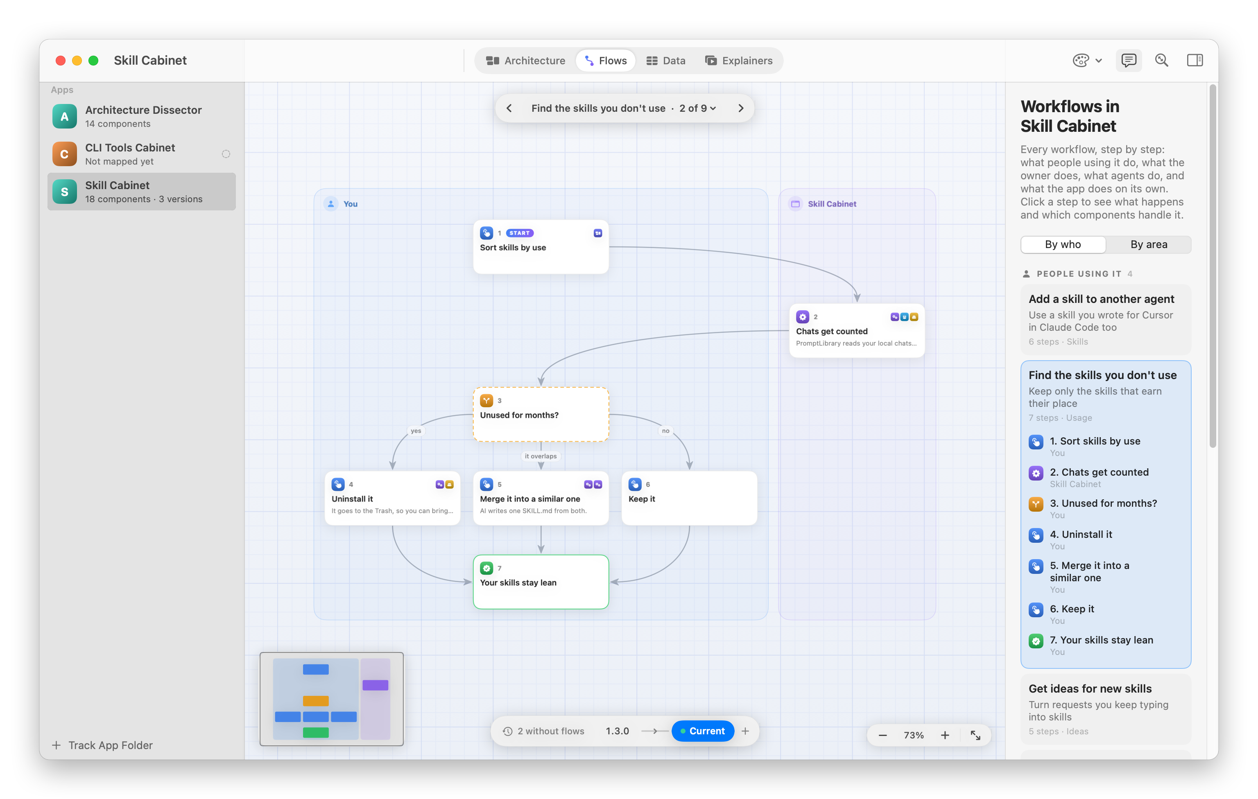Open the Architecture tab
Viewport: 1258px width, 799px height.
525,61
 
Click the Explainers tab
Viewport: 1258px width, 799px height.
738,61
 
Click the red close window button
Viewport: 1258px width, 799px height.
61,61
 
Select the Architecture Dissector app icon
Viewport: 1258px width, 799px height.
65,117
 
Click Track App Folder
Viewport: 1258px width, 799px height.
102,745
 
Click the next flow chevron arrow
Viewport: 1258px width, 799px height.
741,108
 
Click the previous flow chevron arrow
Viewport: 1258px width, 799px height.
509,108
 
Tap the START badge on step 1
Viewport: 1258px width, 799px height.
519,233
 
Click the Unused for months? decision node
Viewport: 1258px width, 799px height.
541,415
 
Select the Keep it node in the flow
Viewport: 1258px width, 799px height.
689,498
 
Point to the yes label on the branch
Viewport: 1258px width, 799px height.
416,431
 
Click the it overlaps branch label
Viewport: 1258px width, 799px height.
541,456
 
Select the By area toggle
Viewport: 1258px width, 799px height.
1148,244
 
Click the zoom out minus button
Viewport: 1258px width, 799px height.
882,735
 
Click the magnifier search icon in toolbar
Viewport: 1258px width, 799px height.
1161,61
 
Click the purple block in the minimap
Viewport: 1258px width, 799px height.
375,685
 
